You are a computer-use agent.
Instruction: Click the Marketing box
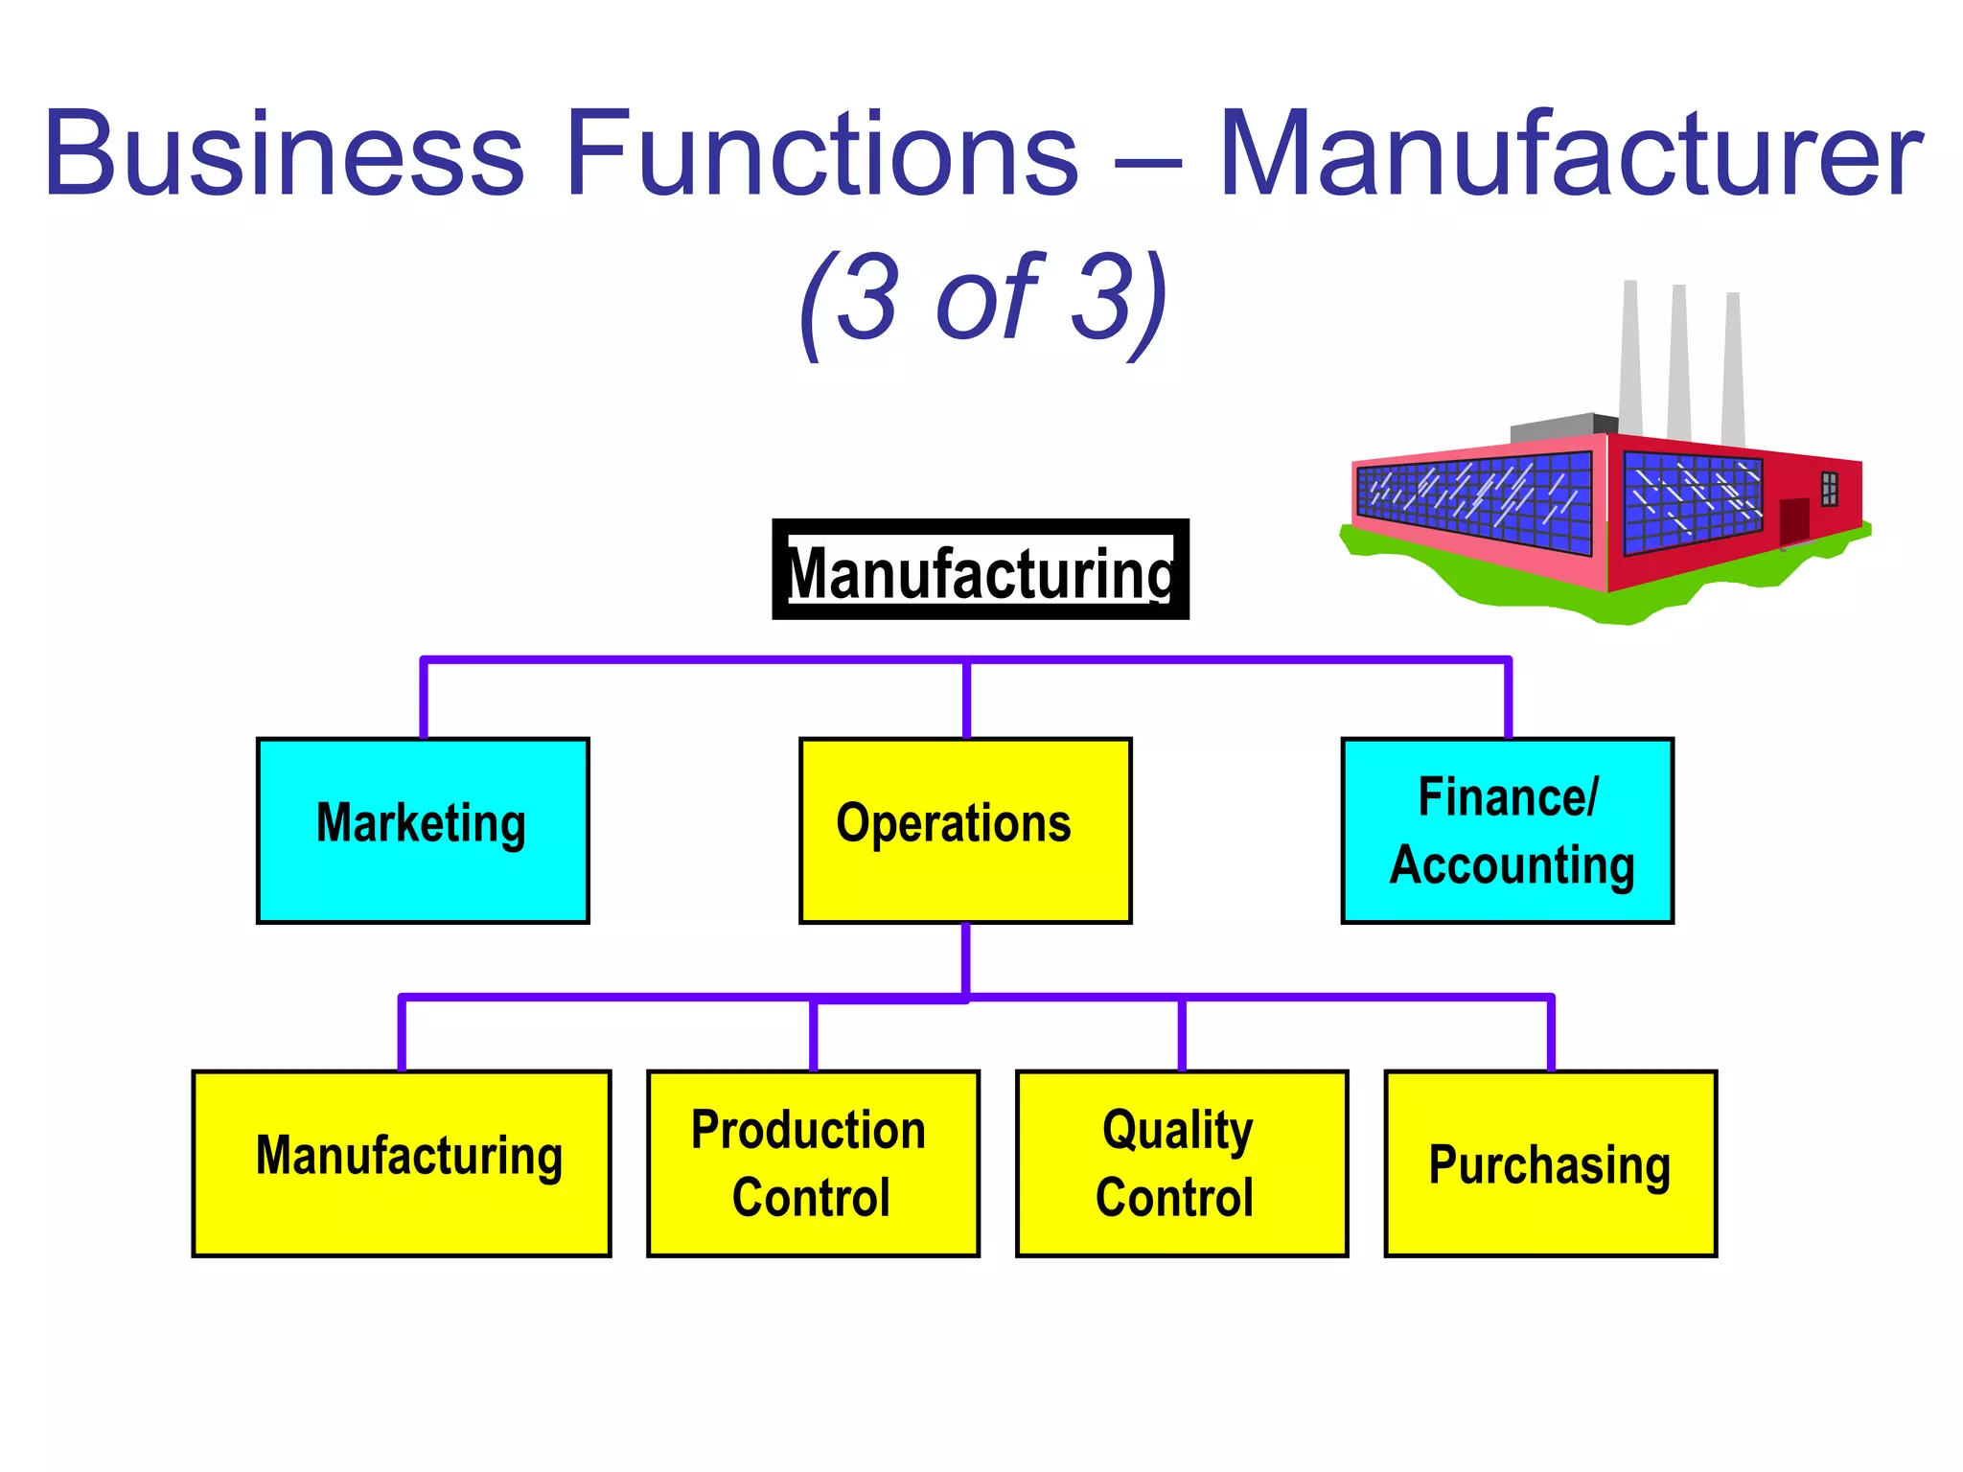(423, 830)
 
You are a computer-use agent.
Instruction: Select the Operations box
(965, 830)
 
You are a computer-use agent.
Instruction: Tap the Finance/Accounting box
(1507, 830)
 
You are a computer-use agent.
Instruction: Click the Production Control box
(813, 1162)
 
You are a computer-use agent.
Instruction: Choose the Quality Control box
(1181, 1162)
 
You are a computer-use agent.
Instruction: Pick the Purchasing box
(1550, 1162)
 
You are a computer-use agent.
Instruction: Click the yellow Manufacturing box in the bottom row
(402, 1162)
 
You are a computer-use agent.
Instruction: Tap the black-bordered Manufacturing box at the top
(980, 570)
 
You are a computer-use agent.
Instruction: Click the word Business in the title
(284, 153)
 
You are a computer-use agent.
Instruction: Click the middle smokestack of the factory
(1678, 364)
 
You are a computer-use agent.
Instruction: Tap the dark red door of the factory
(1793, 520)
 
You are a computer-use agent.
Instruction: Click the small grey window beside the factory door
(1829, 489)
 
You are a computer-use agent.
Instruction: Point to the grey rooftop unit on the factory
(1562, 427)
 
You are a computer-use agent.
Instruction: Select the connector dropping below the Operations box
(965, 958)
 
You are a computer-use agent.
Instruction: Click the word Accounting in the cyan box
(1512, 864)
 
